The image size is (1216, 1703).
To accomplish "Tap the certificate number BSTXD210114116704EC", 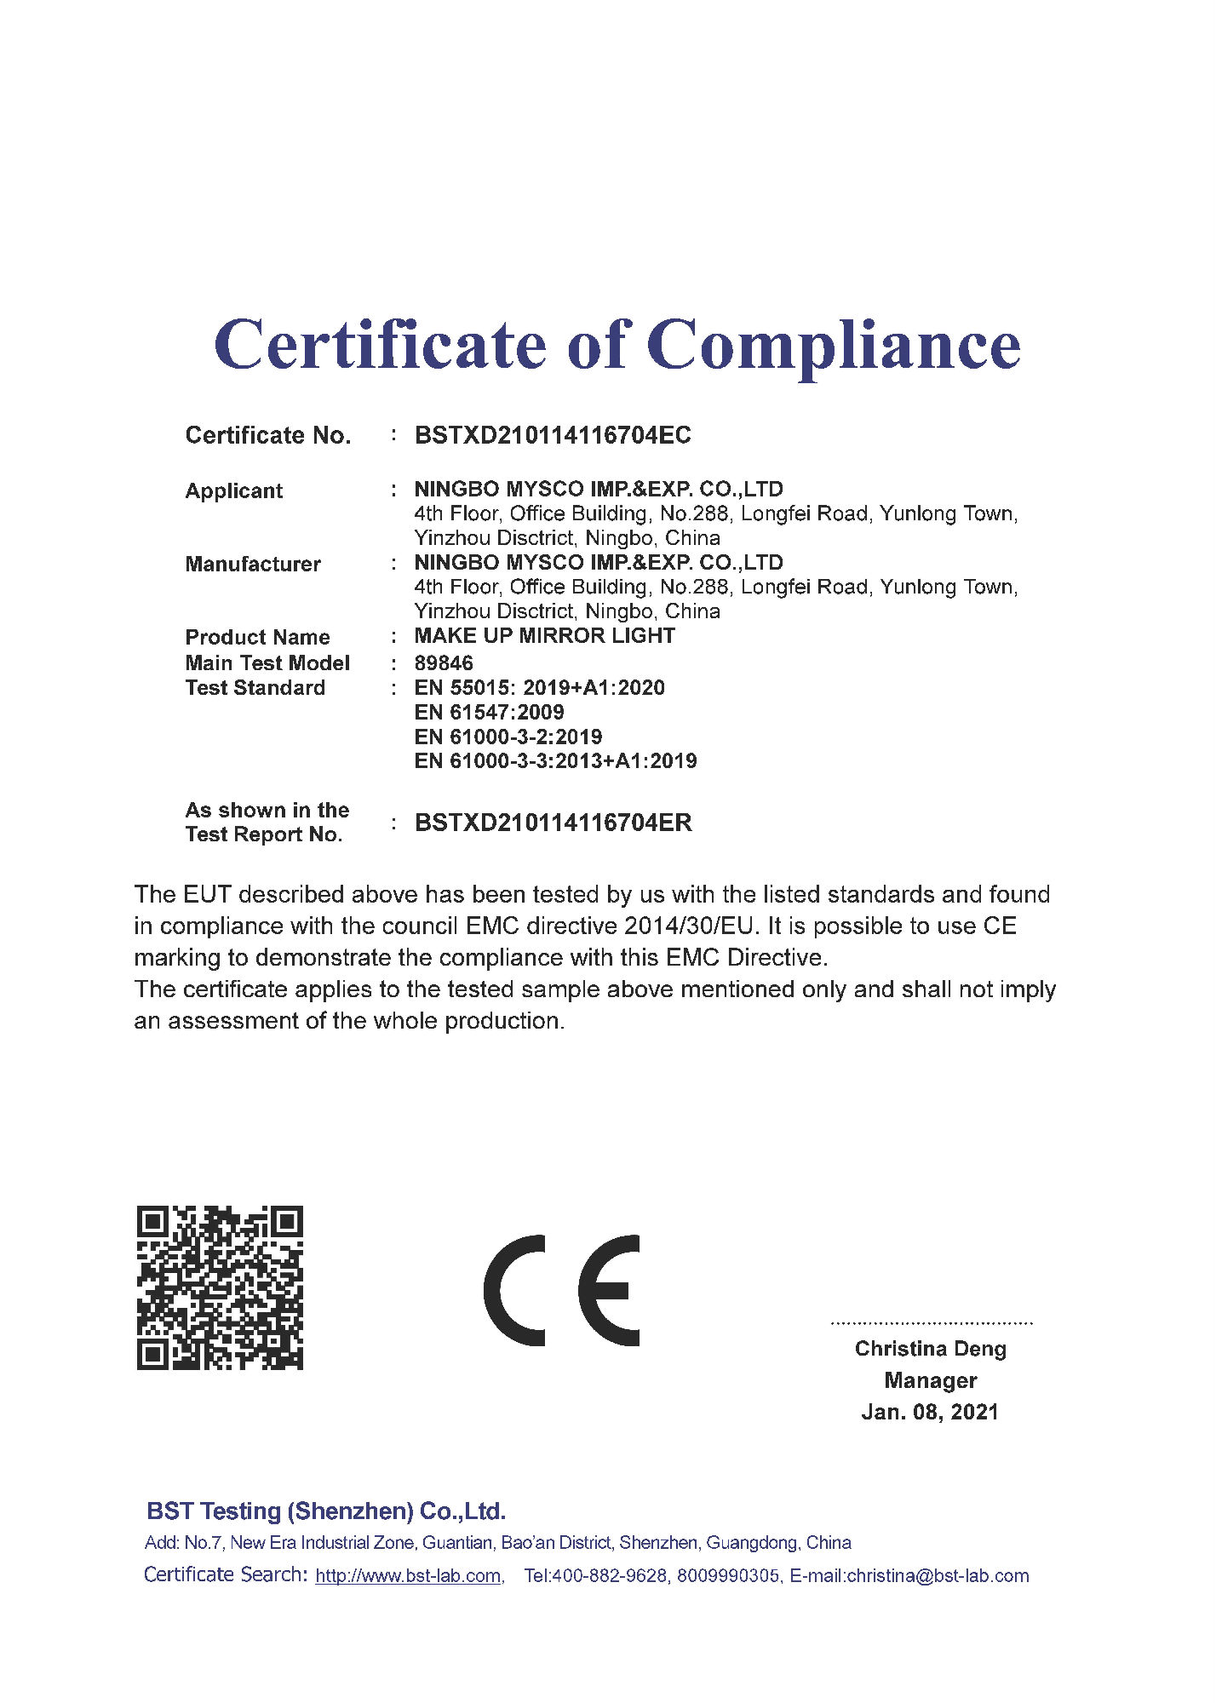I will tap(553, 435).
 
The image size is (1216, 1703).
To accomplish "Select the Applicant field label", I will tap(234, 490).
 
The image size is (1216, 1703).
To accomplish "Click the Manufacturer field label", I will tap(253, 564).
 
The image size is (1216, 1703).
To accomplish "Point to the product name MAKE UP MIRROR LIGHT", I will tap(544, 635).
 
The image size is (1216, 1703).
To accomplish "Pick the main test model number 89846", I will tap(444, 662).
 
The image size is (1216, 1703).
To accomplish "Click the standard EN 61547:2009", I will tap(489, 712).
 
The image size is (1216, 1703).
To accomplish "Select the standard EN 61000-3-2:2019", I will tap(508, 737).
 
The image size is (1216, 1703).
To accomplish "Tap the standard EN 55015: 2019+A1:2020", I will tap(539, 687).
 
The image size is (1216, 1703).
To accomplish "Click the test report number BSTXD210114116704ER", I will tap(553, 823).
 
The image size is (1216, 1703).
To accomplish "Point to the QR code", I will tap(220, 1287).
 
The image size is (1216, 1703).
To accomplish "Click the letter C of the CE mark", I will tap(514, 1290).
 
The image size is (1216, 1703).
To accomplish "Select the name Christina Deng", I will tap(930, 1349).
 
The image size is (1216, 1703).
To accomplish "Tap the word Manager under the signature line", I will tap(930, 1380).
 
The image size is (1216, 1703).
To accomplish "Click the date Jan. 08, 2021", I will tap(930, 1412).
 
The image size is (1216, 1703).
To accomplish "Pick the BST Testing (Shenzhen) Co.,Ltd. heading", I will tap(326, 1511).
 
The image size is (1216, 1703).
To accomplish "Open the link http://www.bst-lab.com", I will tap(408, 1575).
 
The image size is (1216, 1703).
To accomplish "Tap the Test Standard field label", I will tap(255, 687).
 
